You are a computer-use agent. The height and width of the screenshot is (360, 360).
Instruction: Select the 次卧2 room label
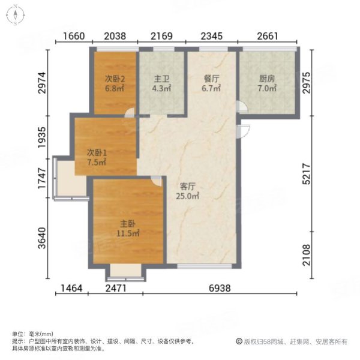tap(114, 79)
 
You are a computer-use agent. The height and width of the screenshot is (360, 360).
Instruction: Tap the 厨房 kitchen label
tap(267, 79)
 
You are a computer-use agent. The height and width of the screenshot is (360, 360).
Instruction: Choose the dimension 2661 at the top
tap(268, 36)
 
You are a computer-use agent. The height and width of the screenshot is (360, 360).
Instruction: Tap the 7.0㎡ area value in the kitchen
tap(267, 88)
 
